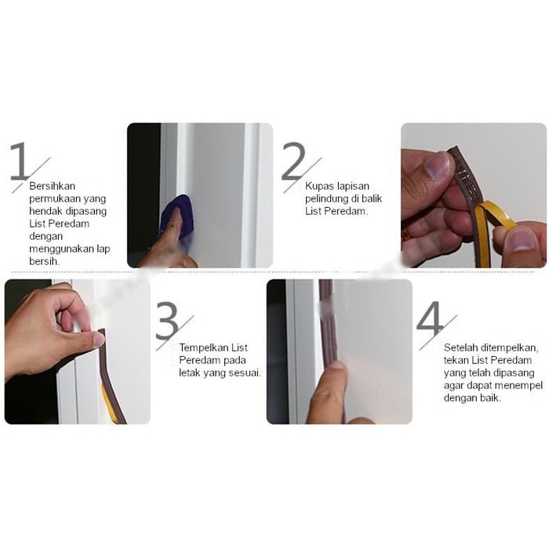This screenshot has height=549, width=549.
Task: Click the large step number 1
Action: (20, 161)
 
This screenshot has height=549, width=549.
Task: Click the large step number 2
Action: (293, 161)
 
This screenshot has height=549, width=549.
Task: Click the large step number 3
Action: (167, 320)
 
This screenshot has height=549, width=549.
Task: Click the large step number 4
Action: (430, 319)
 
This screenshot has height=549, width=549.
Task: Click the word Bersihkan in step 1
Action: (53, 186)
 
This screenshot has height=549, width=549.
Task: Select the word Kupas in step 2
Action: (319, 187)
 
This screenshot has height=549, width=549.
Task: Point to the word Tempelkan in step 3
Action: (205, 347)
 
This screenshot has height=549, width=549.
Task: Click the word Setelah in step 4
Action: (461, 347)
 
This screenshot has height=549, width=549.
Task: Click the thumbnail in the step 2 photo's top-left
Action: (438, 165)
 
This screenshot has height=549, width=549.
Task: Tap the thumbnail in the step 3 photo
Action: (99, 340)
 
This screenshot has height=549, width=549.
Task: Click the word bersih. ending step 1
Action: (44, 261)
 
